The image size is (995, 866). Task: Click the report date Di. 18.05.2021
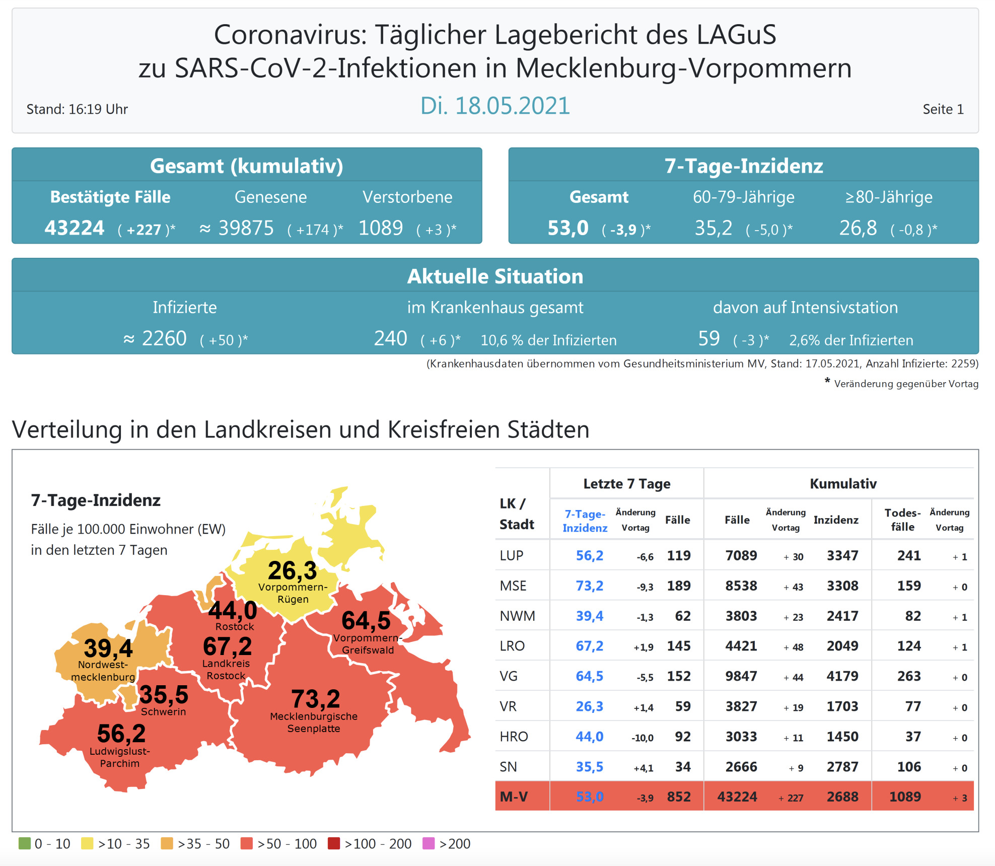tap(495, 106)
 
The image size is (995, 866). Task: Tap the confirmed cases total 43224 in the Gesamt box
tap(75, 228)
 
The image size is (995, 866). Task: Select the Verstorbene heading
tap(407, 197)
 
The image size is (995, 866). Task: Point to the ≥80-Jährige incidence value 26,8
tap(858, 228)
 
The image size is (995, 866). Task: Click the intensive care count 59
tap(709, 338)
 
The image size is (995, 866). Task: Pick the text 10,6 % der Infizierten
tap(548, 340)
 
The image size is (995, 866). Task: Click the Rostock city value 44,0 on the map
tap(233, 610)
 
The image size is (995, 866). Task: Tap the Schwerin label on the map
tap(163, 711)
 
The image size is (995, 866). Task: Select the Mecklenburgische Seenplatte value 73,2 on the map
tap(316, 699)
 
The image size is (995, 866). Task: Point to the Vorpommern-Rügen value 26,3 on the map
tap(292, 570)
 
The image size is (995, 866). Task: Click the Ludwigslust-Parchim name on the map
tap(120, 757)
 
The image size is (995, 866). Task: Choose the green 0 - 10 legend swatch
tap(25, 843)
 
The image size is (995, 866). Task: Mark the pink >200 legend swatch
tap(429, 843)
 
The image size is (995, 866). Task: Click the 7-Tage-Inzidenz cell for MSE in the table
tap(589, 586)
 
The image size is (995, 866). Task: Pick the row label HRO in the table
tap(514, 737)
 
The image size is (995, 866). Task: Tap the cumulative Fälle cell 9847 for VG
tap(741, 676)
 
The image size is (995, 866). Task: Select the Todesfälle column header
tap(902, 520)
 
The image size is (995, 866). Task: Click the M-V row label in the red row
tap(514, 797)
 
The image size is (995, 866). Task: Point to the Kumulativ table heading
tap(843, 483)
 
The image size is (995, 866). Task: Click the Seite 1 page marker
tap(943, 109)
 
